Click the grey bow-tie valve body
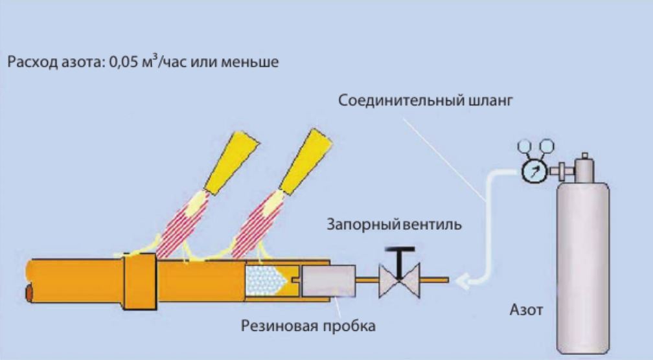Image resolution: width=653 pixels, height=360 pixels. pos(400,280)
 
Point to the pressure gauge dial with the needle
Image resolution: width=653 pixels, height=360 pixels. pos(532,172)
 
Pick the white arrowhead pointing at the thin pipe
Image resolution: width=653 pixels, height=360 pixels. pos(463,280)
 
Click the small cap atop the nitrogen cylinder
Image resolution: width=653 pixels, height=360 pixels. pos(584,158)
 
